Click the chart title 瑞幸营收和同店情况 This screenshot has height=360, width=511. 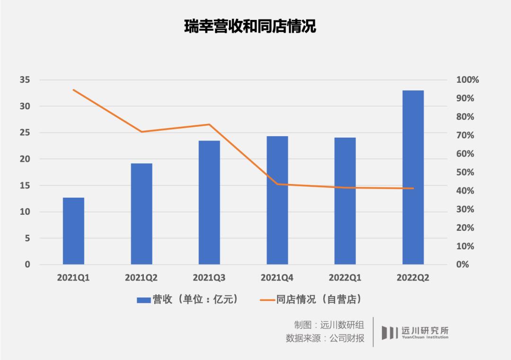click(250, 26)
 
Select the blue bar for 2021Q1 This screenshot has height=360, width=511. click(73, 231)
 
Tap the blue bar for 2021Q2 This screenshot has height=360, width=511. click(141, 214)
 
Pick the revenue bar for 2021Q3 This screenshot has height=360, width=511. click(209, 202)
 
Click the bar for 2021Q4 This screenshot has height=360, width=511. click(277, 201)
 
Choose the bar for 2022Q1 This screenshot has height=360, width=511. click(345, 201)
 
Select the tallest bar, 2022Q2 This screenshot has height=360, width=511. click(413, 177)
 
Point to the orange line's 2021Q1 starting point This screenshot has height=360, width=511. click(73, 89)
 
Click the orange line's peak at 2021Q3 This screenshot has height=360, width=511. click(209, 124)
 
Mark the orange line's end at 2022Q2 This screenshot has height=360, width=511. click(413, 188)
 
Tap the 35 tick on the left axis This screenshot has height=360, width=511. click(25, 80)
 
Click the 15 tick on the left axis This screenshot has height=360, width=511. click(25, 185)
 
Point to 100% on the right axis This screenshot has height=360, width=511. click(467, 80)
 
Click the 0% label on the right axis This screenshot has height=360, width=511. click(463, 264)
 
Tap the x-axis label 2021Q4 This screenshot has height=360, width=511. click(277, 278)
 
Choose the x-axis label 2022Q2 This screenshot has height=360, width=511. click(413, 278)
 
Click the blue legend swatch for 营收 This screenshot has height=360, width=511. click(143, 300)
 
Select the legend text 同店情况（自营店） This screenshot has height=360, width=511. click(319, 299)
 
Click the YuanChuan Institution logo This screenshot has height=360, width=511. click(415, 332)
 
